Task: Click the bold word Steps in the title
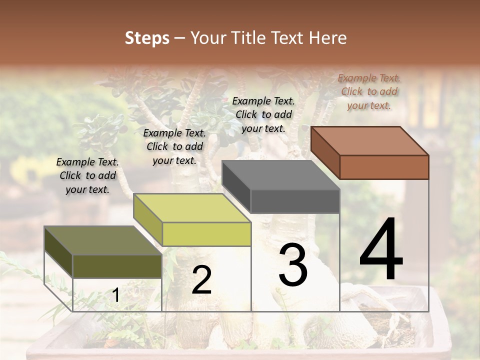coord(147,38)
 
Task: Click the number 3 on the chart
coord(293,265)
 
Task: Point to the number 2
coord(201,280)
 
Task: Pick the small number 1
coord(115,295)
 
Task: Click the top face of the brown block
coord(370,141)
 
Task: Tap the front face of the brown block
coord(384,167)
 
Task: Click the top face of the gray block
coord(281,175)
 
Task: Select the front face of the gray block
coord(295,201)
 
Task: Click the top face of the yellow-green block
coord(192,208)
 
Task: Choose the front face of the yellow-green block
coord(206,234)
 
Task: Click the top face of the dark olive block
coord(103,240)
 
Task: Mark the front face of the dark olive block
coord(117,266)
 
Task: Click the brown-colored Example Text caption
coord(369,91)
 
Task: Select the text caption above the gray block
coord(263,114)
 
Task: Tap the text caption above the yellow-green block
coord(174,146)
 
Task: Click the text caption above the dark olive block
coord(87,175)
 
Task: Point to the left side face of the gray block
coord(236,187)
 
